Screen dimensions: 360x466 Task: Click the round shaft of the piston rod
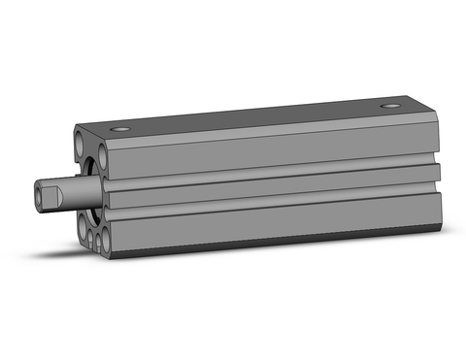coord(72,194)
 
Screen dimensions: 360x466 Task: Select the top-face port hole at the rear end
coord(391,105)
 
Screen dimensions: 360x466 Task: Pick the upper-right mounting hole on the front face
coord(100,155)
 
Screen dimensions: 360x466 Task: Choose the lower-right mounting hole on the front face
coord(102,241)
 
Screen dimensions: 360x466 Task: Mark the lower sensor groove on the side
coord(272,203)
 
